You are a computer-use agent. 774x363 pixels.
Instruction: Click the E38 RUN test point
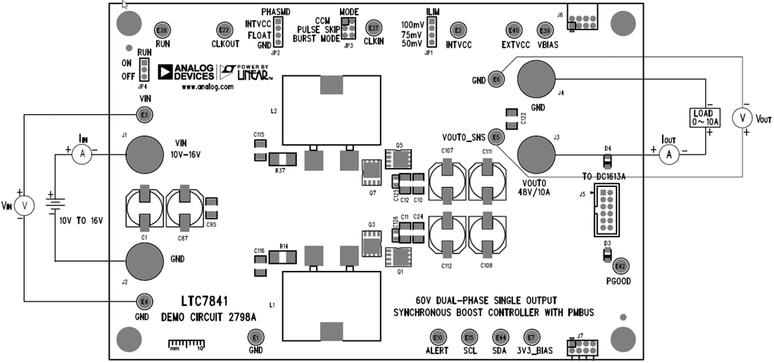pyautogui.click(x=162, y=31)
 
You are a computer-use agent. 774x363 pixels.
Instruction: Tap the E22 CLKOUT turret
pyautogui.click(x=224, y=31)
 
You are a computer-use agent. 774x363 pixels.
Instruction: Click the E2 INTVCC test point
pyautogui.click(x=459, y=31)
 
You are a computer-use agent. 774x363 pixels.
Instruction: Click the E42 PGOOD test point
pyautogui.click(x=620, y=266)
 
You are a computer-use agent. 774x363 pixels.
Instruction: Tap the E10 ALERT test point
pyautogui.click(x=438, y=336)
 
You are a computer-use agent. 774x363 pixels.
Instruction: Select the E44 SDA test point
pyautogui.click(x=500, y=336)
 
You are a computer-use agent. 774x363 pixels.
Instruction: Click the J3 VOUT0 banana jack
pyautogui.click(x=538, y=153)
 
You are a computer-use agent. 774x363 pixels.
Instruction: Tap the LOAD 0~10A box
pyautogui.click(x=704, y=117)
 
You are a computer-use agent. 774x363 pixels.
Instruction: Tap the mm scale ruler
pyautogui.click(x=186, y=344)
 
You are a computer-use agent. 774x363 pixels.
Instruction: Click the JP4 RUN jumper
pyautogui.click(x=144, y=69)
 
